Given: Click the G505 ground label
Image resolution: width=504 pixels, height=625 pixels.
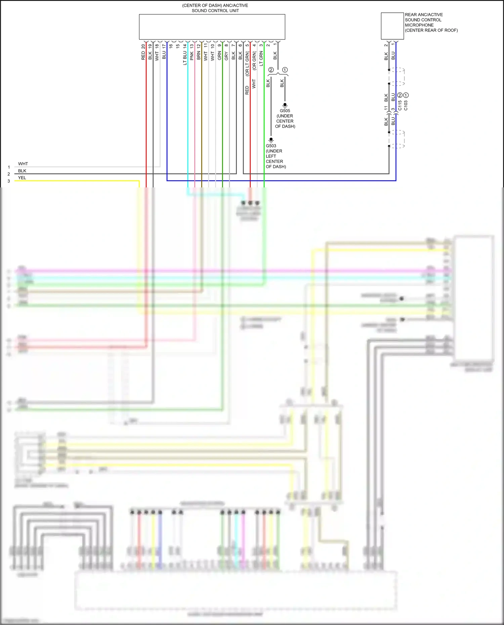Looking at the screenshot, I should [x=285, y=110].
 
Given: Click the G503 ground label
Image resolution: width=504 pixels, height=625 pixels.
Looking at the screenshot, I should [x=271, y=146].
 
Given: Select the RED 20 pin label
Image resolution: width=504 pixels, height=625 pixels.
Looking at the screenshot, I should [x=143, y=52].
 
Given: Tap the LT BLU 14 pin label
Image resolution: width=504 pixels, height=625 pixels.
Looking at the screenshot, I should [x=185, y=54].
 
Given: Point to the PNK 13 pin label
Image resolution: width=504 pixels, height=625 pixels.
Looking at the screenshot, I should [x=192, y=52].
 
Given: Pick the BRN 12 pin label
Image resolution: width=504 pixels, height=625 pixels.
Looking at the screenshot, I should [x=199, y=52].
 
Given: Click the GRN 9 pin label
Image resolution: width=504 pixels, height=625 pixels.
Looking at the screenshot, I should [x=219, y=52].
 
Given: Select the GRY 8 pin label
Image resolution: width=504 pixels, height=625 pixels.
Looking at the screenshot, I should [x=226, y=52].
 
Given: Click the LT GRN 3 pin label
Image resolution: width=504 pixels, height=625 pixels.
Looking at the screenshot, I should [x=261, y=54].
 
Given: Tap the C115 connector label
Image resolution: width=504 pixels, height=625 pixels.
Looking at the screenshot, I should [x=400, y=105].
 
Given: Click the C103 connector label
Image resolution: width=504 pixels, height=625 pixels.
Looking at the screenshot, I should [x=406, y=105].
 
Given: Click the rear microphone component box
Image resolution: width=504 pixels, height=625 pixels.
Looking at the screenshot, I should [x=392, y=26].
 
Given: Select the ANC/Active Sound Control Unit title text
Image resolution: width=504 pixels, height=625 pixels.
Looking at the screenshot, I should [x=215, y=8].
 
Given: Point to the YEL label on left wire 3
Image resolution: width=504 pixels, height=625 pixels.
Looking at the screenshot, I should [x=22, y=178].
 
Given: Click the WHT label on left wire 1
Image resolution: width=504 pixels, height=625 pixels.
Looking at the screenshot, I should [x=23, y=164].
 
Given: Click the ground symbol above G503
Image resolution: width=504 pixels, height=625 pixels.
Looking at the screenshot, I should [x=271, y=140].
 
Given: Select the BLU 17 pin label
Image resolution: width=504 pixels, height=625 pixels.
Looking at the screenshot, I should [x=164, y=52].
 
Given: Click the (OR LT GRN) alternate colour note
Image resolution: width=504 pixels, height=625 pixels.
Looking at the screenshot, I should [x=247, y=64].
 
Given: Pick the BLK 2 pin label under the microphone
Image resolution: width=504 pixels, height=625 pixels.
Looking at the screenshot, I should [x=386, y=52].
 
